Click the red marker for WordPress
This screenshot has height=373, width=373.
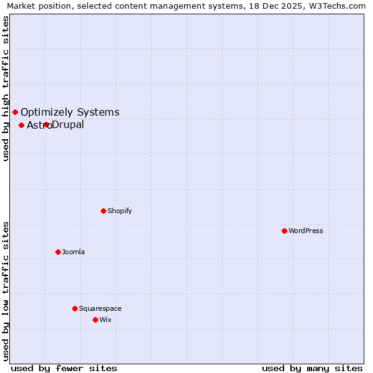tap(284, 231)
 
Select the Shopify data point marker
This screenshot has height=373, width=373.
tap(103, 211)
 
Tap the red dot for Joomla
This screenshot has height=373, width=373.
tap(58, 252)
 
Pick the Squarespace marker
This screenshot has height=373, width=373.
tap(75, 308)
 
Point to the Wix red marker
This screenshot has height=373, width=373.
tap(95, 320)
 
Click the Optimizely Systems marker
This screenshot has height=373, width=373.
tap(15, 112)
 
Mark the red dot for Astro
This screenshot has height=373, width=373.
tap(21, 125)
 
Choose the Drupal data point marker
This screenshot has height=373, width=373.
tap(46, 124)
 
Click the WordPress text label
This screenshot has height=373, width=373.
tap(306, 231)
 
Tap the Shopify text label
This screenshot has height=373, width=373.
tap(120, 211)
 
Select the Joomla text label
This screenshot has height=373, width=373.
tap(73, 252)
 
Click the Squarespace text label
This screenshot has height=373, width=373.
tap(100, 308)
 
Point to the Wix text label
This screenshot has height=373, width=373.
tap(106, 320)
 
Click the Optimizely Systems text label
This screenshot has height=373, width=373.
tap(70, 112)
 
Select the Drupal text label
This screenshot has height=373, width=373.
tap(68, 125)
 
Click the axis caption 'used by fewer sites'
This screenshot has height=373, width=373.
tap(64, 368)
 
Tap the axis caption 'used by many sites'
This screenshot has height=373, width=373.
tap(312, 368)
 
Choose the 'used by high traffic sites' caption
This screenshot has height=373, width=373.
tap(6, 88)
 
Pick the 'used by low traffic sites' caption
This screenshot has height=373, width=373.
tap(6, 290)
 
